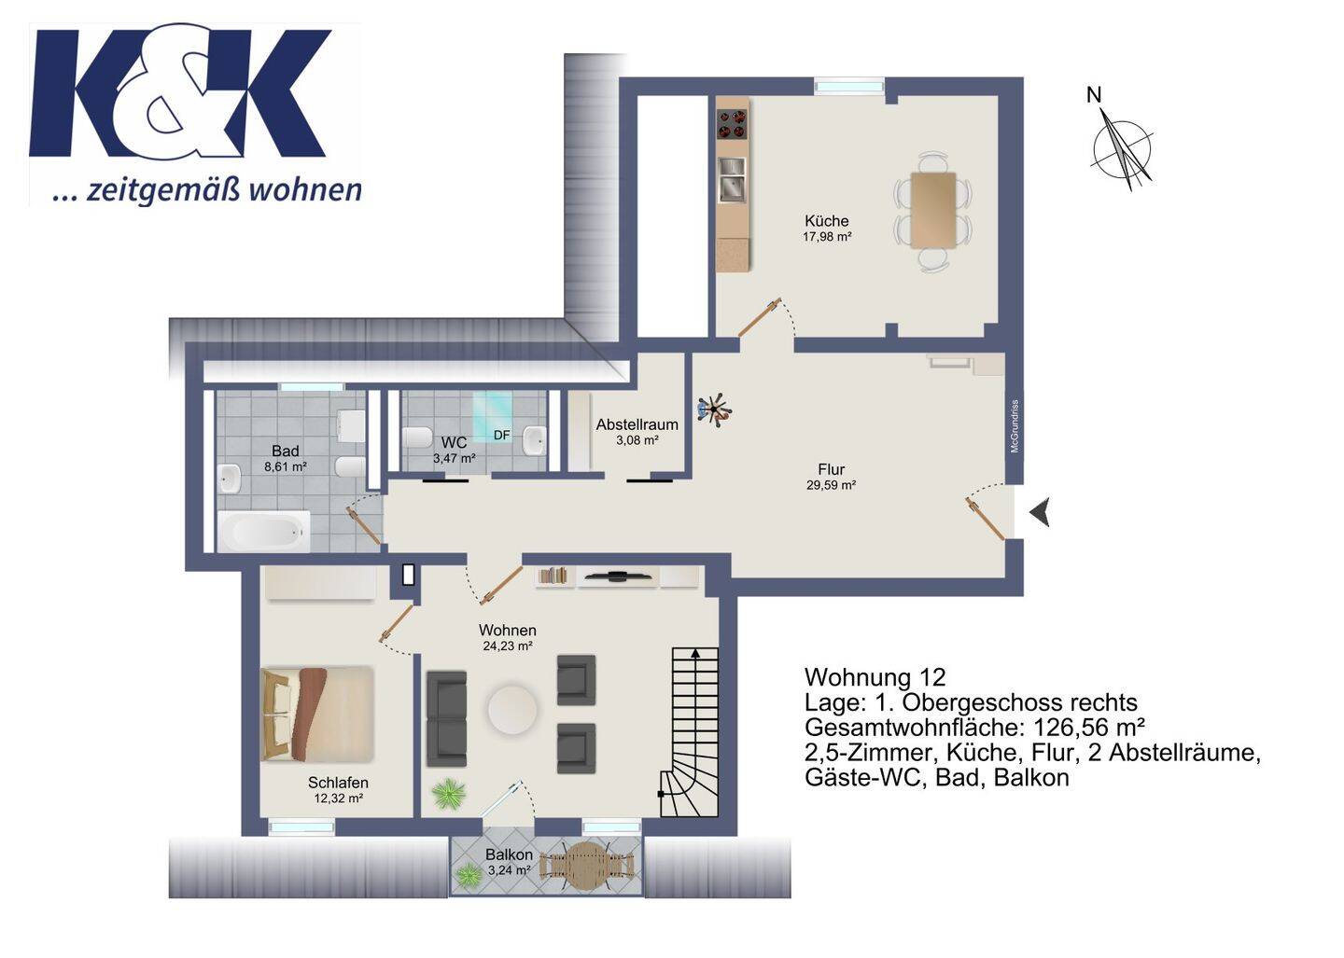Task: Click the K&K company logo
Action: coord(195,114)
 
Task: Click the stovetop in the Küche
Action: coord(732,124)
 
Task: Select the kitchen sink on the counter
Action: coord(732,179)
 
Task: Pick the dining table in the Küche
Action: coord(933,210)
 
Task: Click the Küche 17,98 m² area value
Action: coord(827,237)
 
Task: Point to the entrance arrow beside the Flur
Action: coord(1040,512)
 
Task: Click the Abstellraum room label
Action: coord(637,424)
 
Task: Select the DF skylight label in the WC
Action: coord(501,436)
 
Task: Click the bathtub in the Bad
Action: coord(264,531)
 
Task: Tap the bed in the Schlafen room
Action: coord(317,714)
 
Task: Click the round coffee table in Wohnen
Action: coord(511,710)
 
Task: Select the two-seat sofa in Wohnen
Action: coord(446,719)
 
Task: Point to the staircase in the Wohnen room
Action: coord(690,731)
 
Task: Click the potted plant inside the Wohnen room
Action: coord(449,795)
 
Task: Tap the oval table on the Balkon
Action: coord(587,867)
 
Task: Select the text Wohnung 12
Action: coord(875,677)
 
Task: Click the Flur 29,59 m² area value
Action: coord(831,486)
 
